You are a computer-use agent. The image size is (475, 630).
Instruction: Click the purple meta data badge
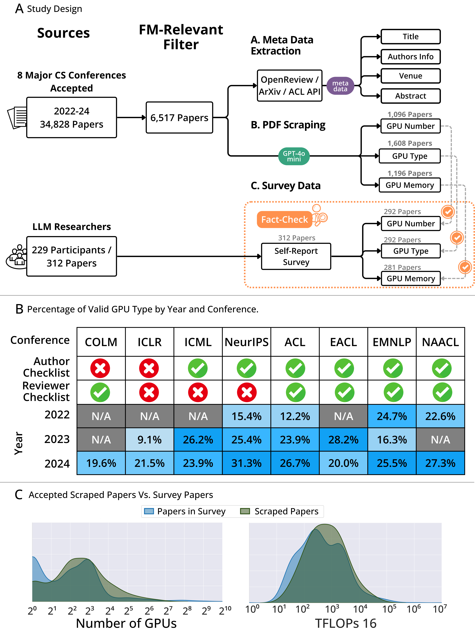coord(340,86)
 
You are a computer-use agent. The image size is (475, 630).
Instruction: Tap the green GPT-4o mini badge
coord(294,156)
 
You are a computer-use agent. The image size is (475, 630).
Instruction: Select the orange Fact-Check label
coord(284,219)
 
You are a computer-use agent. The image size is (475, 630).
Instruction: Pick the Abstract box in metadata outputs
coord(410,96)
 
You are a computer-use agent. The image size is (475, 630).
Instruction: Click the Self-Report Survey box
coord(296,256)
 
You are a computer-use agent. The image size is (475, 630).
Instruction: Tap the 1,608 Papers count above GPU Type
coord(409,143)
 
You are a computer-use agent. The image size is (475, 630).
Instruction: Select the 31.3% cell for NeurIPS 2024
coord(246,463)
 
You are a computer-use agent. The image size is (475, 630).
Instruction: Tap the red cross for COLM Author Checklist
coord(100,368)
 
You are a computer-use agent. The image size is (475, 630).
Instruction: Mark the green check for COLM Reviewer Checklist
coord(100,393)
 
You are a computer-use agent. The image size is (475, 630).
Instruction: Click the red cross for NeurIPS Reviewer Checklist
coord(247,393)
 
